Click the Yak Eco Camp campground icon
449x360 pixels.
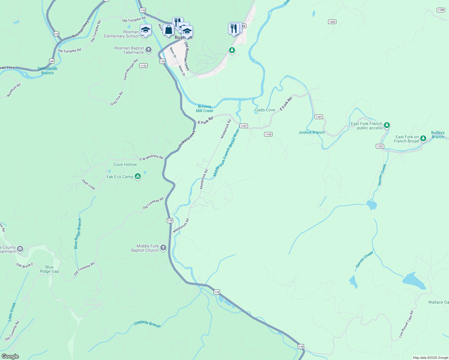137,176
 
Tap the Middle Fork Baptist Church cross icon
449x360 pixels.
163,248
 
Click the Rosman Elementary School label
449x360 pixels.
121,34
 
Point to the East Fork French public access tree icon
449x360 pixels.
387,125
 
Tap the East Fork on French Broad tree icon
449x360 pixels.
423,138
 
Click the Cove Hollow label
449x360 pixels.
125,164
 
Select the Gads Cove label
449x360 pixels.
265,110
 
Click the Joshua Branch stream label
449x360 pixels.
312,132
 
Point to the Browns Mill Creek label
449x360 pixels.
205,109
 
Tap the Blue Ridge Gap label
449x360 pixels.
50,269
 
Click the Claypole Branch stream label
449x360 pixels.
147,324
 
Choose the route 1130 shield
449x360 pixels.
268,134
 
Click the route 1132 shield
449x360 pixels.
143,65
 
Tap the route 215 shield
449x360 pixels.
56,34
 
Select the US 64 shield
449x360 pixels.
52,61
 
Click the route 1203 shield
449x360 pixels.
332,22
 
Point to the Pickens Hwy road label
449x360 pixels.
187,139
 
